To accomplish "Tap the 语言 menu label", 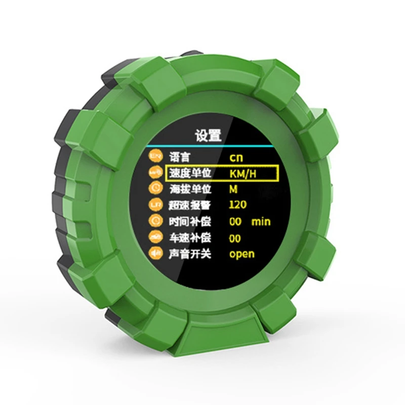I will click(x=179, y=157).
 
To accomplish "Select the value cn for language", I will click(x=236, y=157).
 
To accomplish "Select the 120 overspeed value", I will click(x=237, y=205).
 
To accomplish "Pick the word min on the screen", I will click(x=261, y=222).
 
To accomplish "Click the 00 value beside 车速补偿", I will click(x=235, y=238).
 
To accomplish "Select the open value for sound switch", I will click(x=242, y=254).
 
